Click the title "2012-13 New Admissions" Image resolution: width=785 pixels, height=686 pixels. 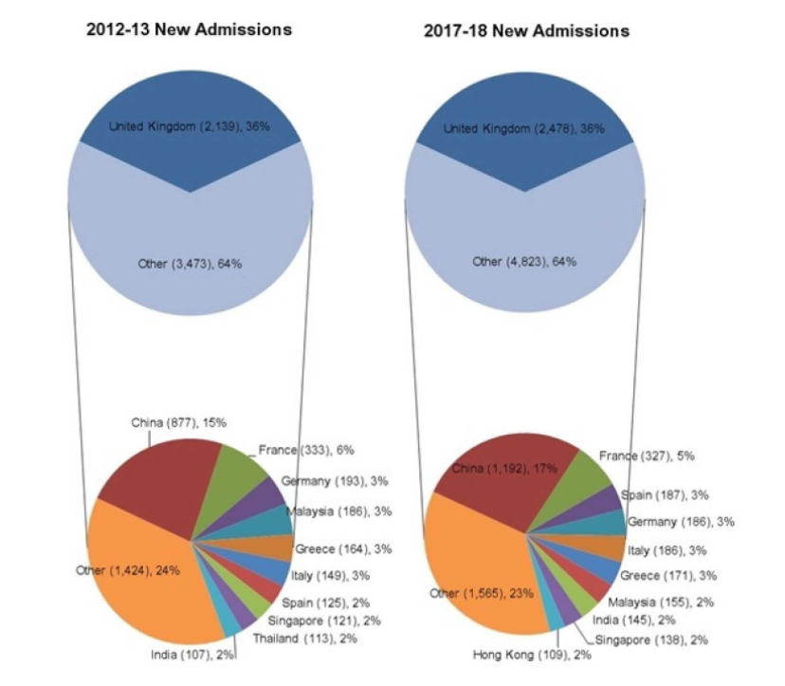[x=189, y=29]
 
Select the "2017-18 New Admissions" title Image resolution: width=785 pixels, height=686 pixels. [x=526, y=31]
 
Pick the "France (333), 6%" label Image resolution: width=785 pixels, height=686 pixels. [x=305, y=450]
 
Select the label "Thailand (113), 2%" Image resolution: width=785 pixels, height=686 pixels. [x=291, y=638]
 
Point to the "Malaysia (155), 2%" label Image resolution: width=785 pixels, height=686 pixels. [x=660, y=602]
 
